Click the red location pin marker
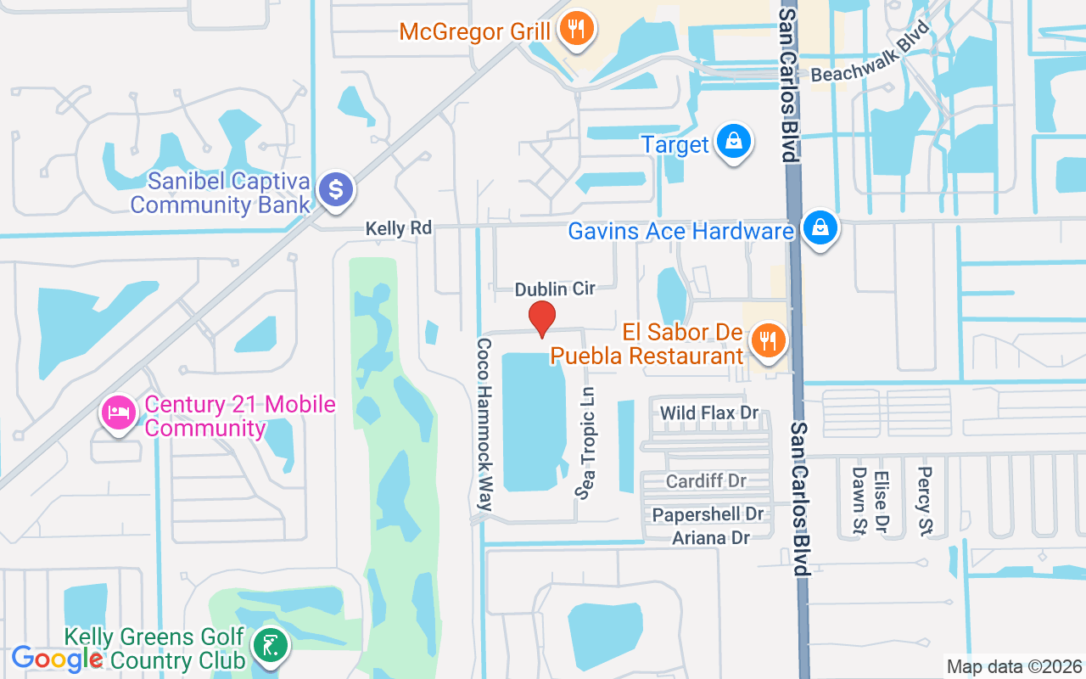click(x=542, y=318)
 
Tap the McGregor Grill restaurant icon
click(x=577, y=30)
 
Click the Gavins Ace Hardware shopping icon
click(x=820, y=228)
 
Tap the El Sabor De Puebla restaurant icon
click(x=768, y=340)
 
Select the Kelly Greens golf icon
click(x=270, y=647)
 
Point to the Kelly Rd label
click(x=399, y=228)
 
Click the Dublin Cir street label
click(x=555, y=289)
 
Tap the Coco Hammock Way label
click(x=484, y=424)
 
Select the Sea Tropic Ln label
click(x=585, y=443)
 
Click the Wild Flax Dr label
click(x=709, y=413)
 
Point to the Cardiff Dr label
click(x=706, y=481)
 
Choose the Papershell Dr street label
click(x=708, y=514)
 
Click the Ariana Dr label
click(x=711, y=537)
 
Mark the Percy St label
click(x=925, y=501)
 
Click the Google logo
click(x=58, y=658)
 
